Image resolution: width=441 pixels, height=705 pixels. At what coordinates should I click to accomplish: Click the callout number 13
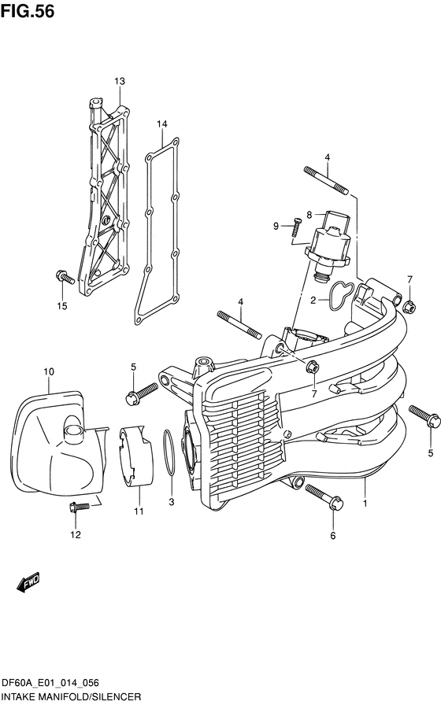[120, 82]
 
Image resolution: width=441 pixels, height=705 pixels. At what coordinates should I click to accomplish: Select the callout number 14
[162, 124]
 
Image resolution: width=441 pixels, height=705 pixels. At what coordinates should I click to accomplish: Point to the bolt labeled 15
[64, 276]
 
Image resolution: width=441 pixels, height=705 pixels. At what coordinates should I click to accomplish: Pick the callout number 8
[309, 215]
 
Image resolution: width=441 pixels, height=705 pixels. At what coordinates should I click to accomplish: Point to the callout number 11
[138, 512]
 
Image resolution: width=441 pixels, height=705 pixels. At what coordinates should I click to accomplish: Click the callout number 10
[48, 371]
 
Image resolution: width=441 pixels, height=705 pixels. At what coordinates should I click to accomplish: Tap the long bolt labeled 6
[321, 497]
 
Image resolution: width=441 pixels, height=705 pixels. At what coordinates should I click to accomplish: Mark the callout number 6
[332, 536]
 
